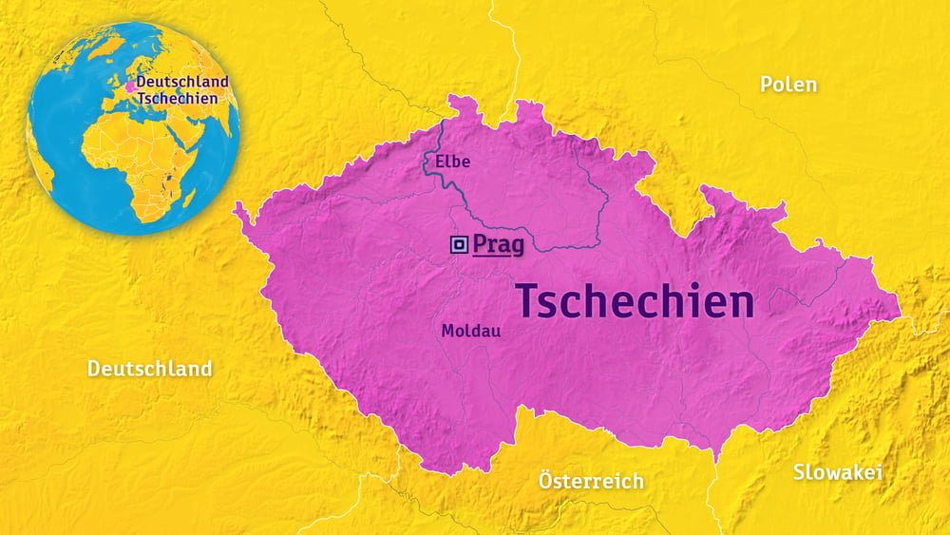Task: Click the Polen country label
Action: coord(788,85)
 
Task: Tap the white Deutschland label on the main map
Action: coord(149,369)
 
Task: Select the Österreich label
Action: coord(591,481)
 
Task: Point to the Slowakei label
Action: coord(839,471)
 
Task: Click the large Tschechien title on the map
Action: coord(635,301)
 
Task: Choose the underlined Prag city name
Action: coord(498,244)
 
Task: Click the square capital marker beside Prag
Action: coord(459,245)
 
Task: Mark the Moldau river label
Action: coord(470,331)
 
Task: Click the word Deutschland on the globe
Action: coord(183,82)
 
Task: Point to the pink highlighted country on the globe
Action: coord(130,86)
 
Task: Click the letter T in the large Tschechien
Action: coord(527,301)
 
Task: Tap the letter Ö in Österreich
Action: coord(546,479)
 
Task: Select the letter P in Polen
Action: coord(767,85)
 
